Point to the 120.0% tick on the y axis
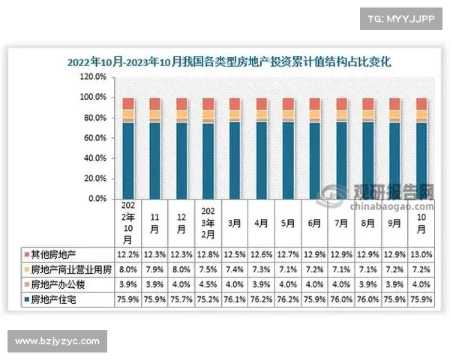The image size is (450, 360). point(96,76)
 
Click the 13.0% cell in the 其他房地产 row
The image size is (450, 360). point(421,255)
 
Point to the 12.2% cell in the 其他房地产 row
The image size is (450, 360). point(128,255)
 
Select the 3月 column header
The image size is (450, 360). point(235,223)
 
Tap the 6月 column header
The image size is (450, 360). point(314,223)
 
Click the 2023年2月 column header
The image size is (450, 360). point(208,222)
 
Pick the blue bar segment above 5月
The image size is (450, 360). point(288,160)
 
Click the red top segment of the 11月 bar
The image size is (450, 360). point(154,103)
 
